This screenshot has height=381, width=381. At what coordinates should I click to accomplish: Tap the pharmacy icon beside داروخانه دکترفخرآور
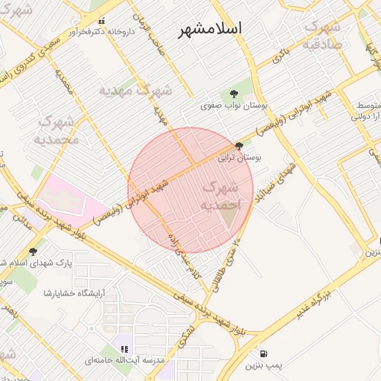click(102, 20)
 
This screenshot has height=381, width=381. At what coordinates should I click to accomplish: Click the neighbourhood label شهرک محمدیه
click(57, 129)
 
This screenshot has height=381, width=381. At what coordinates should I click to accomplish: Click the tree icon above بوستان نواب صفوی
click(234, 94)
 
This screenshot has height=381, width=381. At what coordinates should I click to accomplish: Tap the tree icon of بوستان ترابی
click(239, 147)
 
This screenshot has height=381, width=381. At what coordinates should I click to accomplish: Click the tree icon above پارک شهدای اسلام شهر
click(33, 252)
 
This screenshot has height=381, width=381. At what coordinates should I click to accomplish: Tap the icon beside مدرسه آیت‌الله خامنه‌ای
click(125, 348)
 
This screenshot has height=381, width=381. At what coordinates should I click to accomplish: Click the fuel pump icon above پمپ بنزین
click(265, 353)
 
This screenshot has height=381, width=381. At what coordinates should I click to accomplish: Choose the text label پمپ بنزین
click(265, 365)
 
